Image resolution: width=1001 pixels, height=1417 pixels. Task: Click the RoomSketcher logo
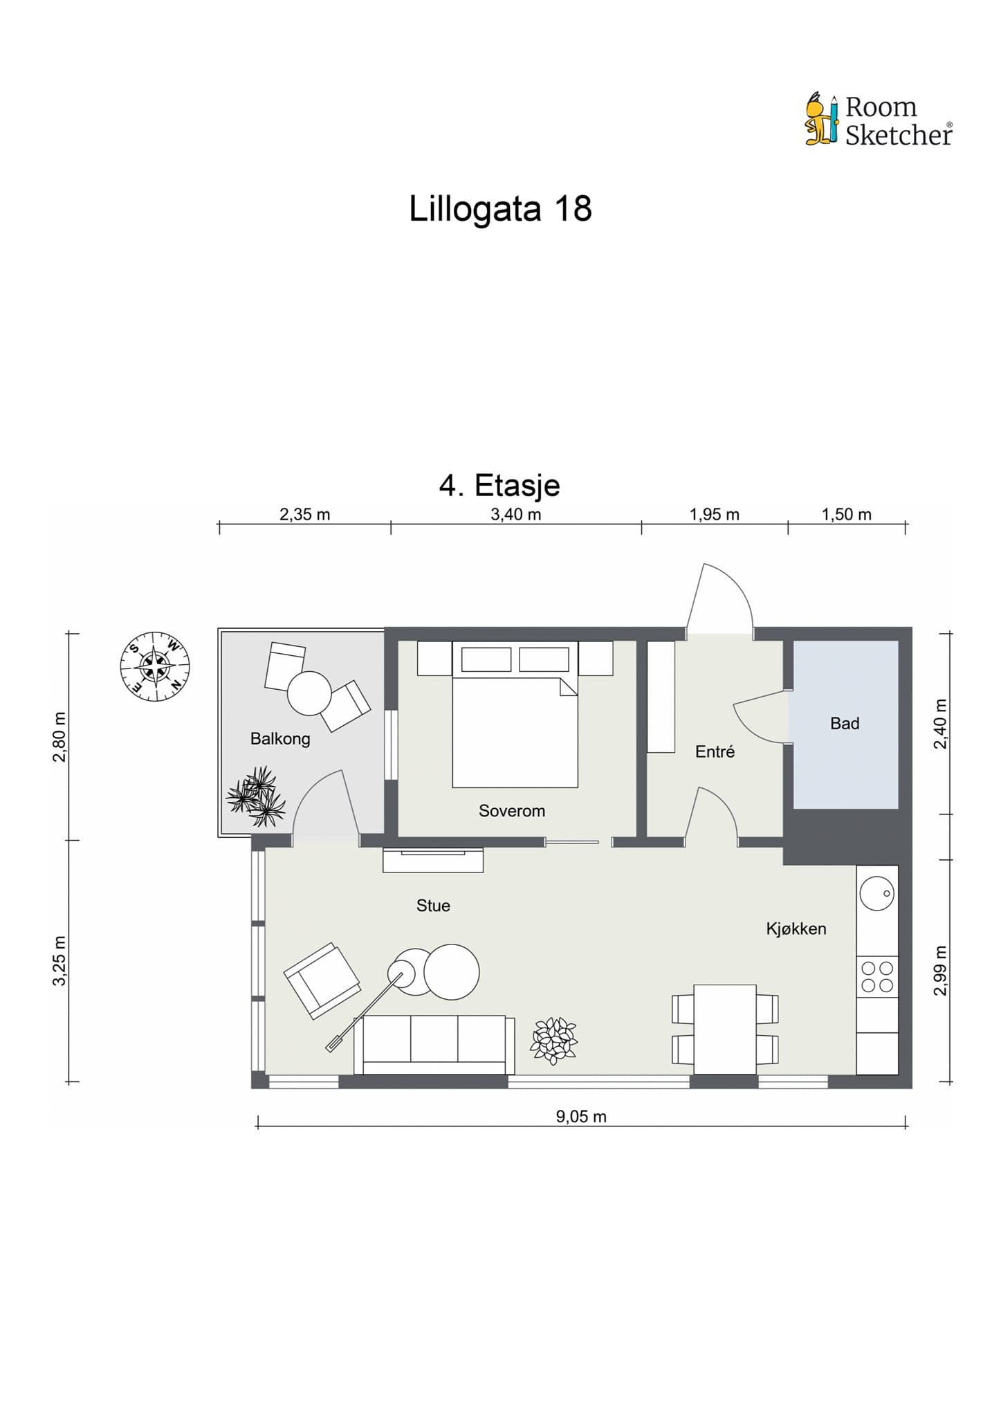879,120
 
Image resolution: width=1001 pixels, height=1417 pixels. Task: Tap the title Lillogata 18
500,208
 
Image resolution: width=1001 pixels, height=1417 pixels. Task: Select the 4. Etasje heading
499,485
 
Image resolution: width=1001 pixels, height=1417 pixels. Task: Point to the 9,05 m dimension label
581,1116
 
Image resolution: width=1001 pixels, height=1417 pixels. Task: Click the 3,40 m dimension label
515,514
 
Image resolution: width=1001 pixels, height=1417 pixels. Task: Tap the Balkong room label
280,739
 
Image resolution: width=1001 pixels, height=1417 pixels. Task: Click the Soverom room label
512,811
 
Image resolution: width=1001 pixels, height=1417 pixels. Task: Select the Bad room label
845,724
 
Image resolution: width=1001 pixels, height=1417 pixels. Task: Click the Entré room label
715,751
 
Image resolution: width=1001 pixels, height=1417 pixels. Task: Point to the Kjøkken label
796,929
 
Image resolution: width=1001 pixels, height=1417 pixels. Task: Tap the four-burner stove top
877,977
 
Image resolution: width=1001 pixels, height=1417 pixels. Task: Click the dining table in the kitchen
725,1029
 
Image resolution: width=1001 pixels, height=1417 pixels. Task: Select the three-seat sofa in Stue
434,1045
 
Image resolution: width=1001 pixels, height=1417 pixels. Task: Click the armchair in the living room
322,980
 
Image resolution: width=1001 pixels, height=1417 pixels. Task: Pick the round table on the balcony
310,693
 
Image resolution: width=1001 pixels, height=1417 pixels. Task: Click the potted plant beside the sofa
553,1041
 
